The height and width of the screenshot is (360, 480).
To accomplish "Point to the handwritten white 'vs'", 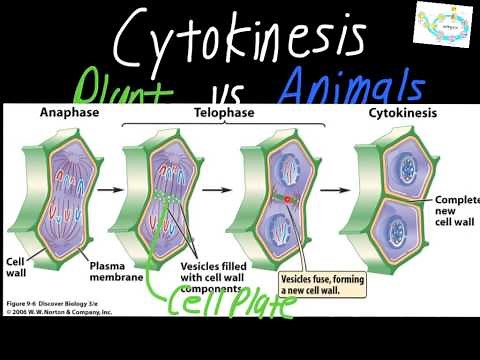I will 228,92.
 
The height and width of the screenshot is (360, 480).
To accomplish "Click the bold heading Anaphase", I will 64,113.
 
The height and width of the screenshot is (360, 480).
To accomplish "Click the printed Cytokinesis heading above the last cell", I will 394,113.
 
